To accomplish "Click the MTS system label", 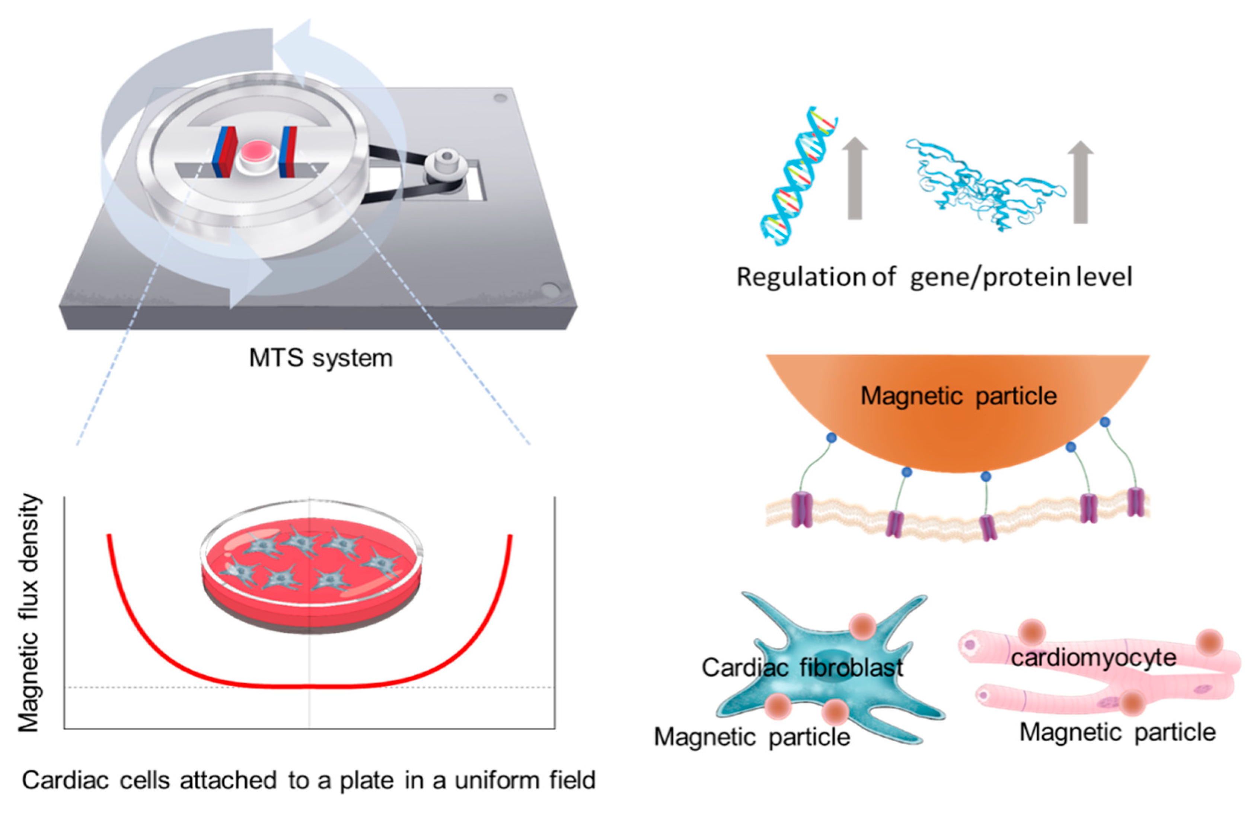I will (321, 358).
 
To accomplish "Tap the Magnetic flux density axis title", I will (29, 612).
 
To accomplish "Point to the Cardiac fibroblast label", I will (802, 667).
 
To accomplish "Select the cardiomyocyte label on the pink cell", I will (1093, 658).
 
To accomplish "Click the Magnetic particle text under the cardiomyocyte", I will (1117, 732).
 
